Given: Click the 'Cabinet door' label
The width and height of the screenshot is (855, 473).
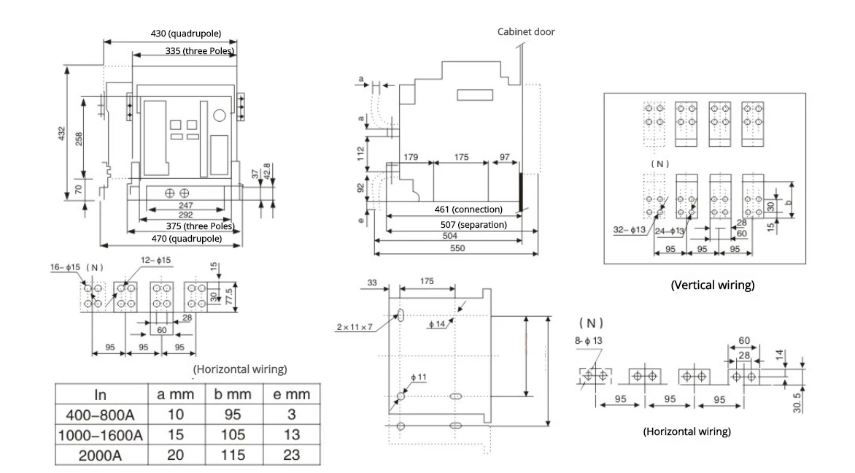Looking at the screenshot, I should click(526, 31).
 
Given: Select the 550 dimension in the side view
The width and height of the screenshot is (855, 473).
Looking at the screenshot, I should click(457, 249).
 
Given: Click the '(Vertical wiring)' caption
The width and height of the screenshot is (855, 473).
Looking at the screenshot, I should click(711, 285).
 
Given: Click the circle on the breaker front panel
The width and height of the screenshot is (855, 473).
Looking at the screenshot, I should click(220, 115).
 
